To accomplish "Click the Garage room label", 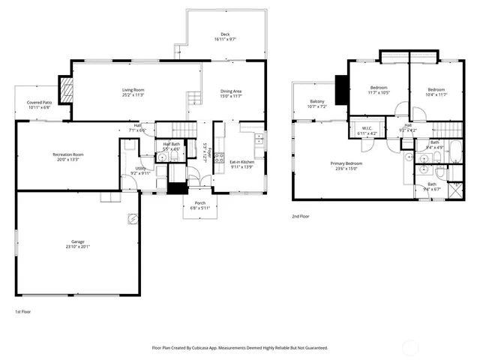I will coord(77,244).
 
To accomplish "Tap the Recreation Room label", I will coord(67,157).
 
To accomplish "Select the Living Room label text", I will coord(133,93).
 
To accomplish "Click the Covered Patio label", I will coord(40,104).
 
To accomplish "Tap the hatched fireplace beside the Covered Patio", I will coord(67,91).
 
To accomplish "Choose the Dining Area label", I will coord(231,93).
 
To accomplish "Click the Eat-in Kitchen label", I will coord(241,163).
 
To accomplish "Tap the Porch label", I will coord(200,205).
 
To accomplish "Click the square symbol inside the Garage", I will coord(132,218).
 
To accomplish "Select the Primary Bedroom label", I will coord(346,166).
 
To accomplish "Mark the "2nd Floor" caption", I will coord(301,217).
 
